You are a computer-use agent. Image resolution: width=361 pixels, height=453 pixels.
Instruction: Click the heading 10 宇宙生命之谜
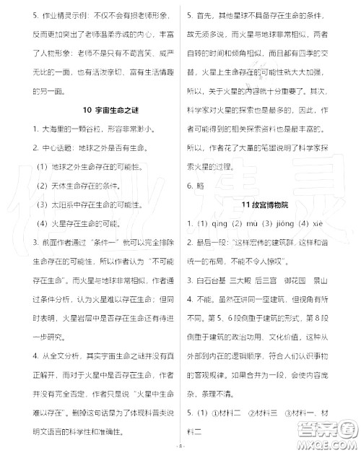pos(90,110)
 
